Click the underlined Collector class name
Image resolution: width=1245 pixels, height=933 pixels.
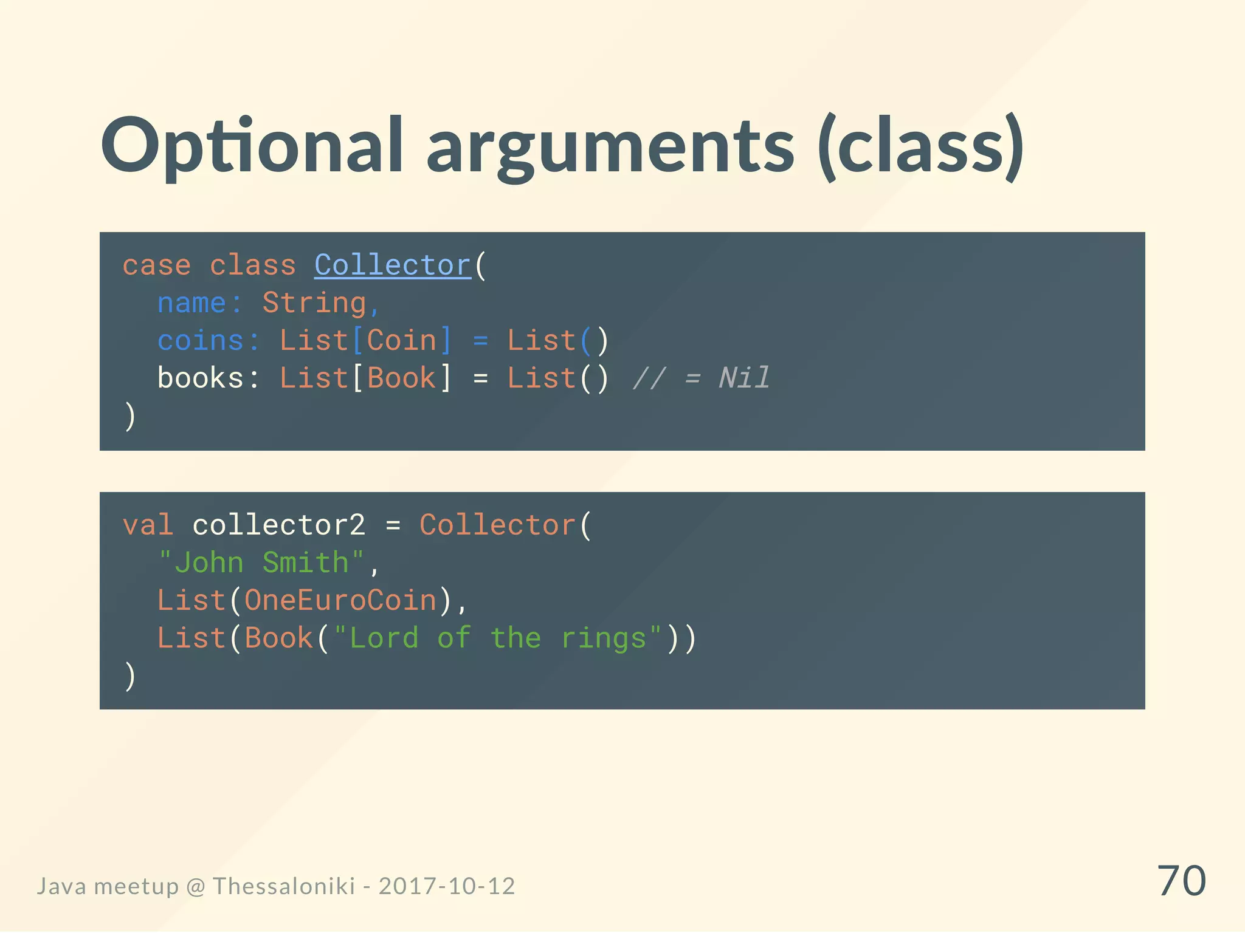coord(393,265)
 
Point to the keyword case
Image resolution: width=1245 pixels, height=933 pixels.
coord(157,266)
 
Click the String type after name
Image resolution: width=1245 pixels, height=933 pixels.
coord(314,303)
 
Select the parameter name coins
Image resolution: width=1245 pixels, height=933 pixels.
coord(201,341)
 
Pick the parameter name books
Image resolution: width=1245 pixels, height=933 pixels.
coord(201,378)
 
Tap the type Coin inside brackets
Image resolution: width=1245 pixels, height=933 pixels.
coord(402,341)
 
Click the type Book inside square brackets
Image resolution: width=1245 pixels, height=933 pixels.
coord(402,378)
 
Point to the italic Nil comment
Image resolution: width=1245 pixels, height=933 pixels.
coord(744,378)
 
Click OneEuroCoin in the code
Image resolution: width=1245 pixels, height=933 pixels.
coord(340,601)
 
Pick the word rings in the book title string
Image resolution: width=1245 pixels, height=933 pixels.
coord(603,638)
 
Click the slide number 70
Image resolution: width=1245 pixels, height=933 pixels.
coord(1181,881)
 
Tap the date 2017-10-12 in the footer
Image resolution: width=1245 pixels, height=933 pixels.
coord(447,886)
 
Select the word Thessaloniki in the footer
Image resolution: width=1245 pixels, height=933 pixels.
coord(284,886)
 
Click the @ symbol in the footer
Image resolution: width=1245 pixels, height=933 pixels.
coord(196,887)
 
